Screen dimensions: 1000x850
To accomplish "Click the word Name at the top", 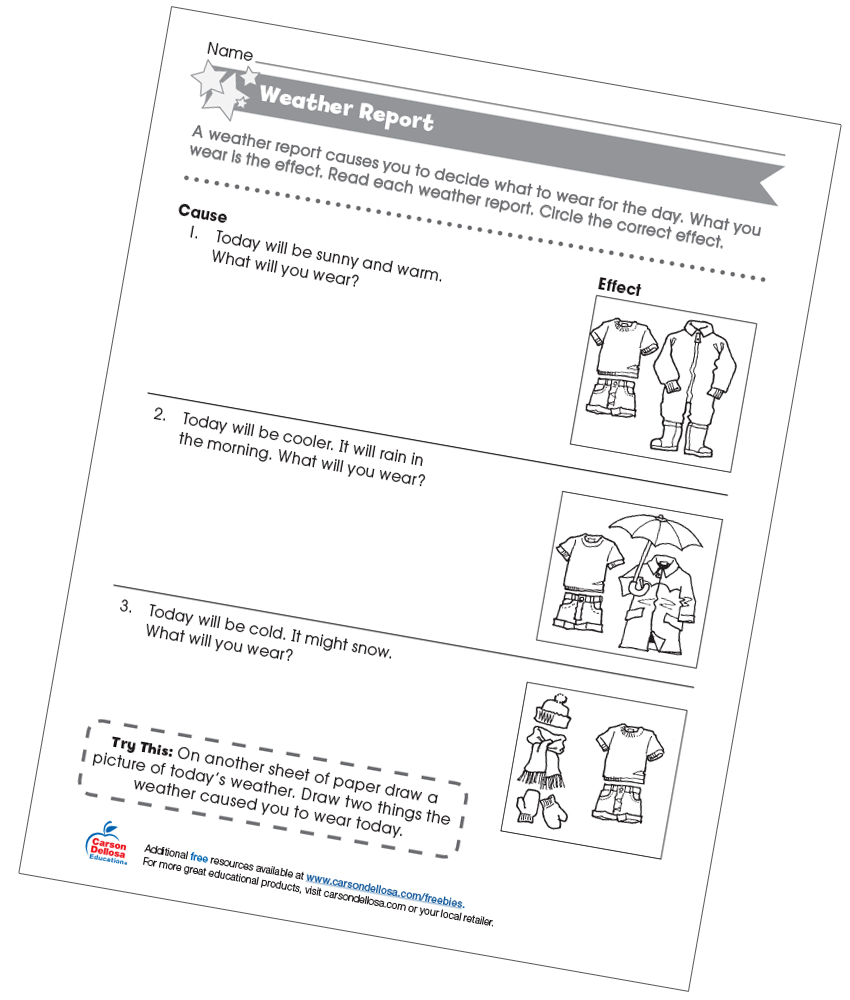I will [230, 52].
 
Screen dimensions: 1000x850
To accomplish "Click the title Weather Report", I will [346, 109].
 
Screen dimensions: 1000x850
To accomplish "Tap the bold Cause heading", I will [203, 215].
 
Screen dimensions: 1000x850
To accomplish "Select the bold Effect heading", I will [620, 287].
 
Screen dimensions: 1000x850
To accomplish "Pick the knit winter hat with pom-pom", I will [552, 712].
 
